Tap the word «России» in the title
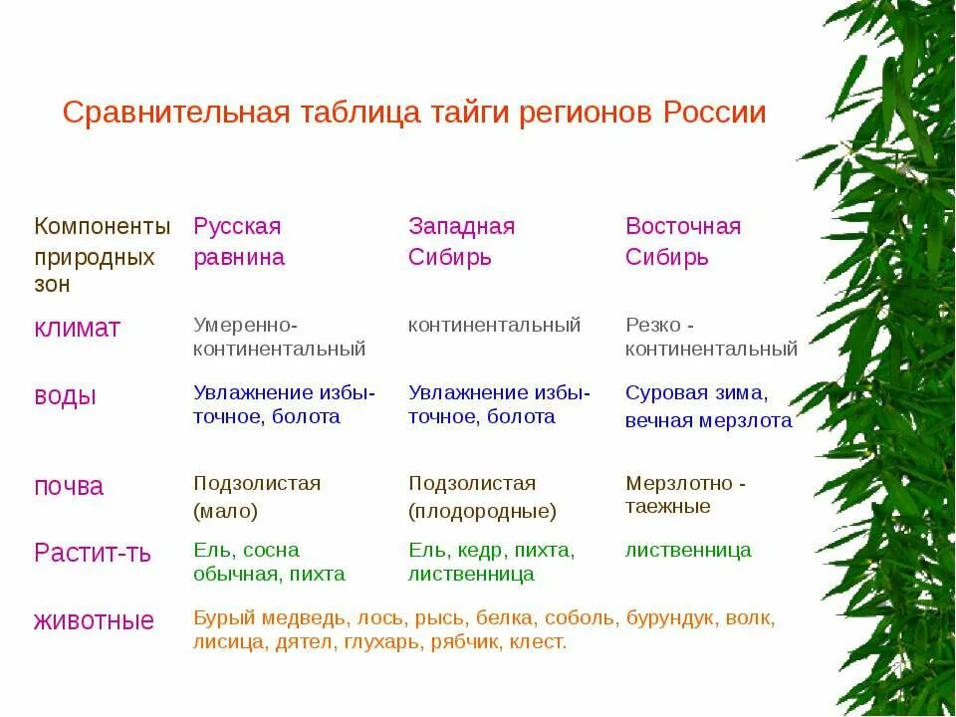[713, 113]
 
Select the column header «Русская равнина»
[239, 242]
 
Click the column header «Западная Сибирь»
[461, 242]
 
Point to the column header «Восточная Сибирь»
[683, 242]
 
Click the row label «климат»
[77, 328]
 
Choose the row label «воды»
[66, 395]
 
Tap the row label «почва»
[69, 486]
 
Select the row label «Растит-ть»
[93, 553]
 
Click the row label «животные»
[94, 621]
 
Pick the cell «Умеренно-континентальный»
[280, 337]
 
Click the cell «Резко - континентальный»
[711, 337]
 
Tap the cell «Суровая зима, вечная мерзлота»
[708, 406]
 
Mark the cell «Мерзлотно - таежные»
[685, 495]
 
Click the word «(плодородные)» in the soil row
[482, 512]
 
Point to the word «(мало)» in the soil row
[226, 512]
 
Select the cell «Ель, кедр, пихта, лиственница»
[491, 562]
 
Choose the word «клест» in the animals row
[537, 642]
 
